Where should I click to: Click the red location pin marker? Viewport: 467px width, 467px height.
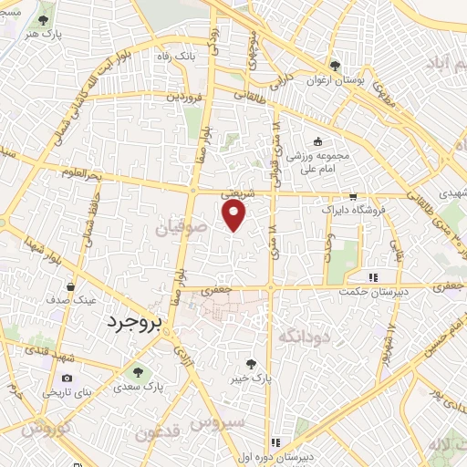[x=235, y=215]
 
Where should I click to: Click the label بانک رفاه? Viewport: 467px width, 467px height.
[x=176, y=56]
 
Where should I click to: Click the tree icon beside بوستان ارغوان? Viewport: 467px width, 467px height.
[x=337, y=65]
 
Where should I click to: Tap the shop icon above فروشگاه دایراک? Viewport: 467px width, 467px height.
[x=353, y=196]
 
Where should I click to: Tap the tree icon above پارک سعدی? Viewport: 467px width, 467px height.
[x=137, y=371]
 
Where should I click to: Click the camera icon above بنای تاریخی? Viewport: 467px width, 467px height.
[x=67, y=378]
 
